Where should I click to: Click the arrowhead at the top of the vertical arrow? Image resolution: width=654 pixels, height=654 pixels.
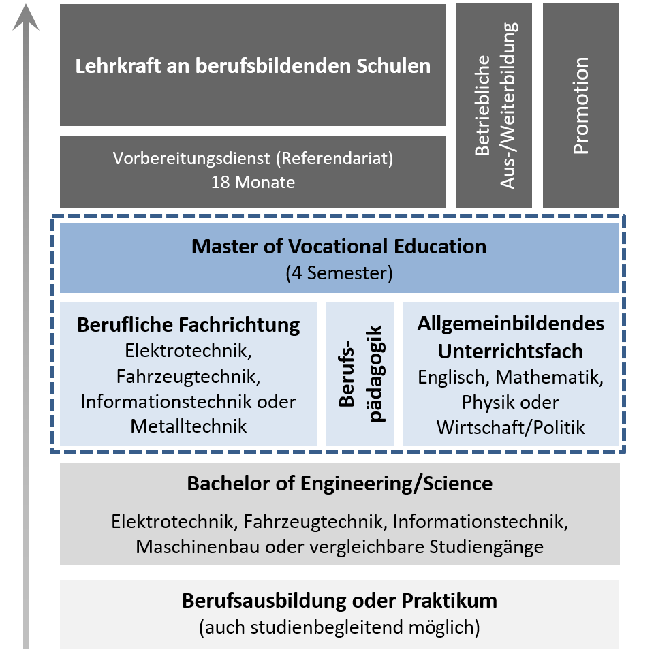tap(26, 18)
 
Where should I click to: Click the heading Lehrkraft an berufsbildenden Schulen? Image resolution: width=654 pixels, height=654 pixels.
tap(253, 66)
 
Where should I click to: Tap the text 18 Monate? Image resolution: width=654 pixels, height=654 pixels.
tap(253, 183)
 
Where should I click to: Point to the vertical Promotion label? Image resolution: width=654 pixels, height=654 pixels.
tap(580, 106)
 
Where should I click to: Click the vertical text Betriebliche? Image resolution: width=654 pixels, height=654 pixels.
tap(483, 106)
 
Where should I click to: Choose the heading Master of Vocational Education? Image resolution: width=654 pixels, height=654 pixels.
tap(339, 246)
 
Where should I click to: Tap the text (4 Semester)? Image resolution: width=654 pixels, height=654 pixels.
tap(339, 274)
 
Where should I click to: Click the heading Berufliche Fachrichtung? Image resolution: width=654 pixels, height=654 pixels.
tap(189, 325)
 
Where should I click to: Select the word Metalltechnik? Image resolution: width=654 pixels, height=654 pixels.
tap(189, 427)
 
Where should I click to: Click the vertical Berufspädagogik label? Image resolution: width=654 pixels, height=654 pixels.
tap(360, 374)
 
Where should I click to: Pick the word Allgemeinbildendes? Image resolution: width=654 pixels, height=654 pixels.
tap(511, 324)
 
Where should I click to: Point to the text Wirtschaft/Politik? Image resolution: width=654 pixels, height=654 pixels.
tap(511, 427)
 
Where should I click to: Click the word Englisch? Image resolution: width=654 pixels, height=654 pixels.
tap(454, 377)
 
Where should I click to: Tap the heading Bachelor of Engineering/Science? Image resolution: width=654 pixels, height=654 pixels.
tap(339, 484)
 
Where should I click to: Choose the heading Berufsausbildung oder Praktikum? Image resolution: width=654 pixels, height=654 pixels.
tap(339, 602)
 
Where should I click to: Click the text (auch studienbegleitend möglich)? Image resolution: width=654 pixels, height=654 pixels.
tap(339, 627)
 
